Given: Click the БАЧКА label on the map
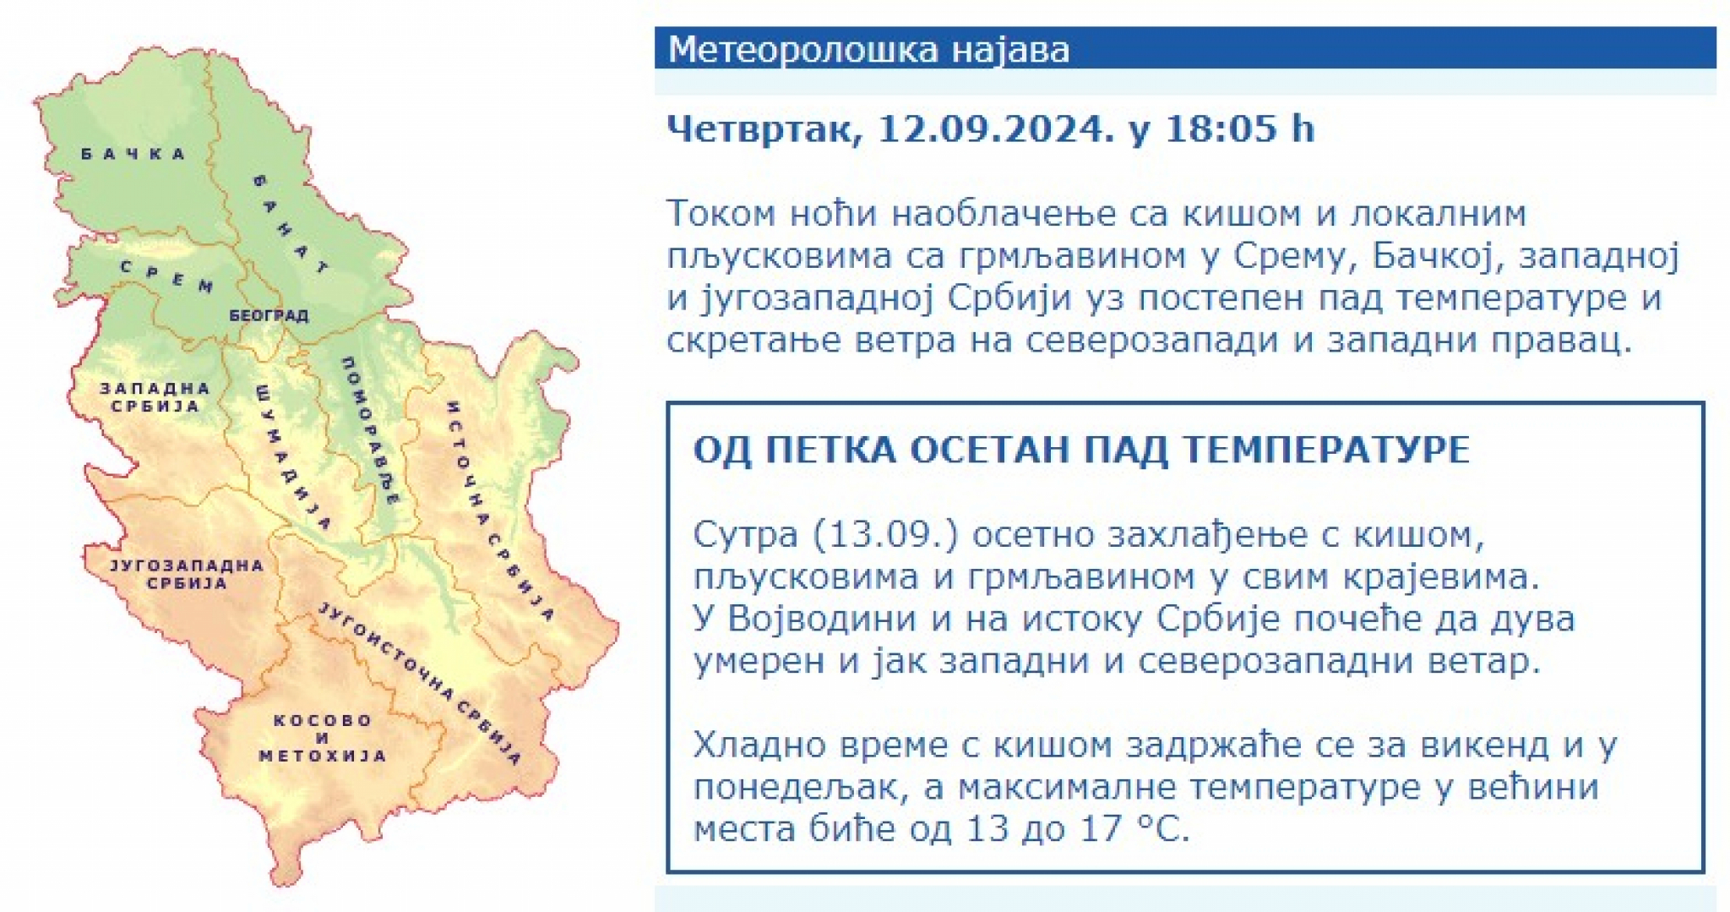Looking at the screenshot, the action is (133, 154).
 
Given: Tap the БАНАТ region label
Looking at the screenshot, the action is (291, 224).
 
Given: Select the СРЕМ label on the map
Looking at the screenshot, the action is (166, 276).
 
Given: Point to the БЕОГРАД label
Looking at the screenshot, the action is (269, 315).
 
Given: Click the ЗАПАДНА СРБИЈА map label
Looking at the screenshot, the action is (155, 397).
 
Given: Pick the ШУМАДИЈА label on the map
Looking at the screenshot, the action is (291, 457).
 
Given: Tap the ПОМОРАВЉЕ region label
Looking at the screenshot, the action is (369, 430).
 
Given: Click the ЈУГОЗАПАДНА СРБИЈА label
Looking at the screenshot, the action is (187, 574).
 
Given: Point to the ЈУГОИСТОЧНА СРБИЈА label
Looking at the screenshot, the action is (419, 683).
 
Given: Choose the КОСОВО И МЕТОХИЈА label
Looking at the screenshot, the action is (322, 738).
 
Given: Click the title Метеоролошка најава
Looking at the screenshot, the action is (868, 49).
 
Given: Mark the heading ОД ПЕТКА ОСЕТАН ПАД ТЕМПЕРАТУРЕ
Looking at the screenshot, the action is (1081, 449).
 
